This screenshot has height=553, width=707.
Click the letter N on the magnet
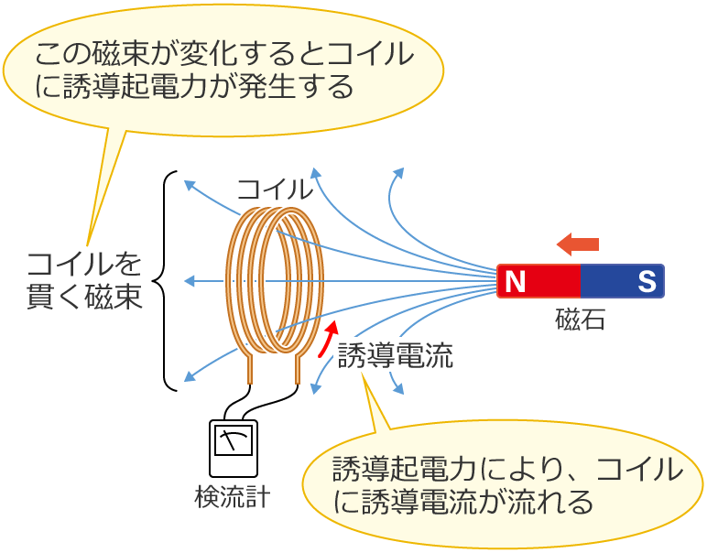coord(516,281)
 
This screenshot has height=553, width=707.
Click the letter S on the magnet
coord(647,281)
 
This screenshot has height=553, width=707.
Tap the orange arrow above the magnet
coord(578,244)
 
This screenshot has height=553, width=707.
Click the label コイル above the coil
coord(275,190)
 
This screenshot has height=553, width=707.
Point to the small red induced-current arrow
coord(326,339)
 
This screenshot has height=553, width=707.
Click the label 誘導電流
coord(395,355)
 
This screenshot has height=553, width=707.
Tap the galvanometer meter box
coord(234,449)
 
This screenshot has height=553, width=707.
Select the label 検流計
coord(233,497)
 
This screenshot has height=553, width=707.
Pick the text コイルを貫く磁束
coord(84,280)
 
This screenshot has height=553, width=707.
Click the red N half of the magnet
coord(538,281)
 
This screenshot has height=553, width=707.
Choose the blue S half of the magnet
coord(622,281)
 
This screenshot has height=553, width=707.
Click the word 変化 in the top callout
coord(221,54)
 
